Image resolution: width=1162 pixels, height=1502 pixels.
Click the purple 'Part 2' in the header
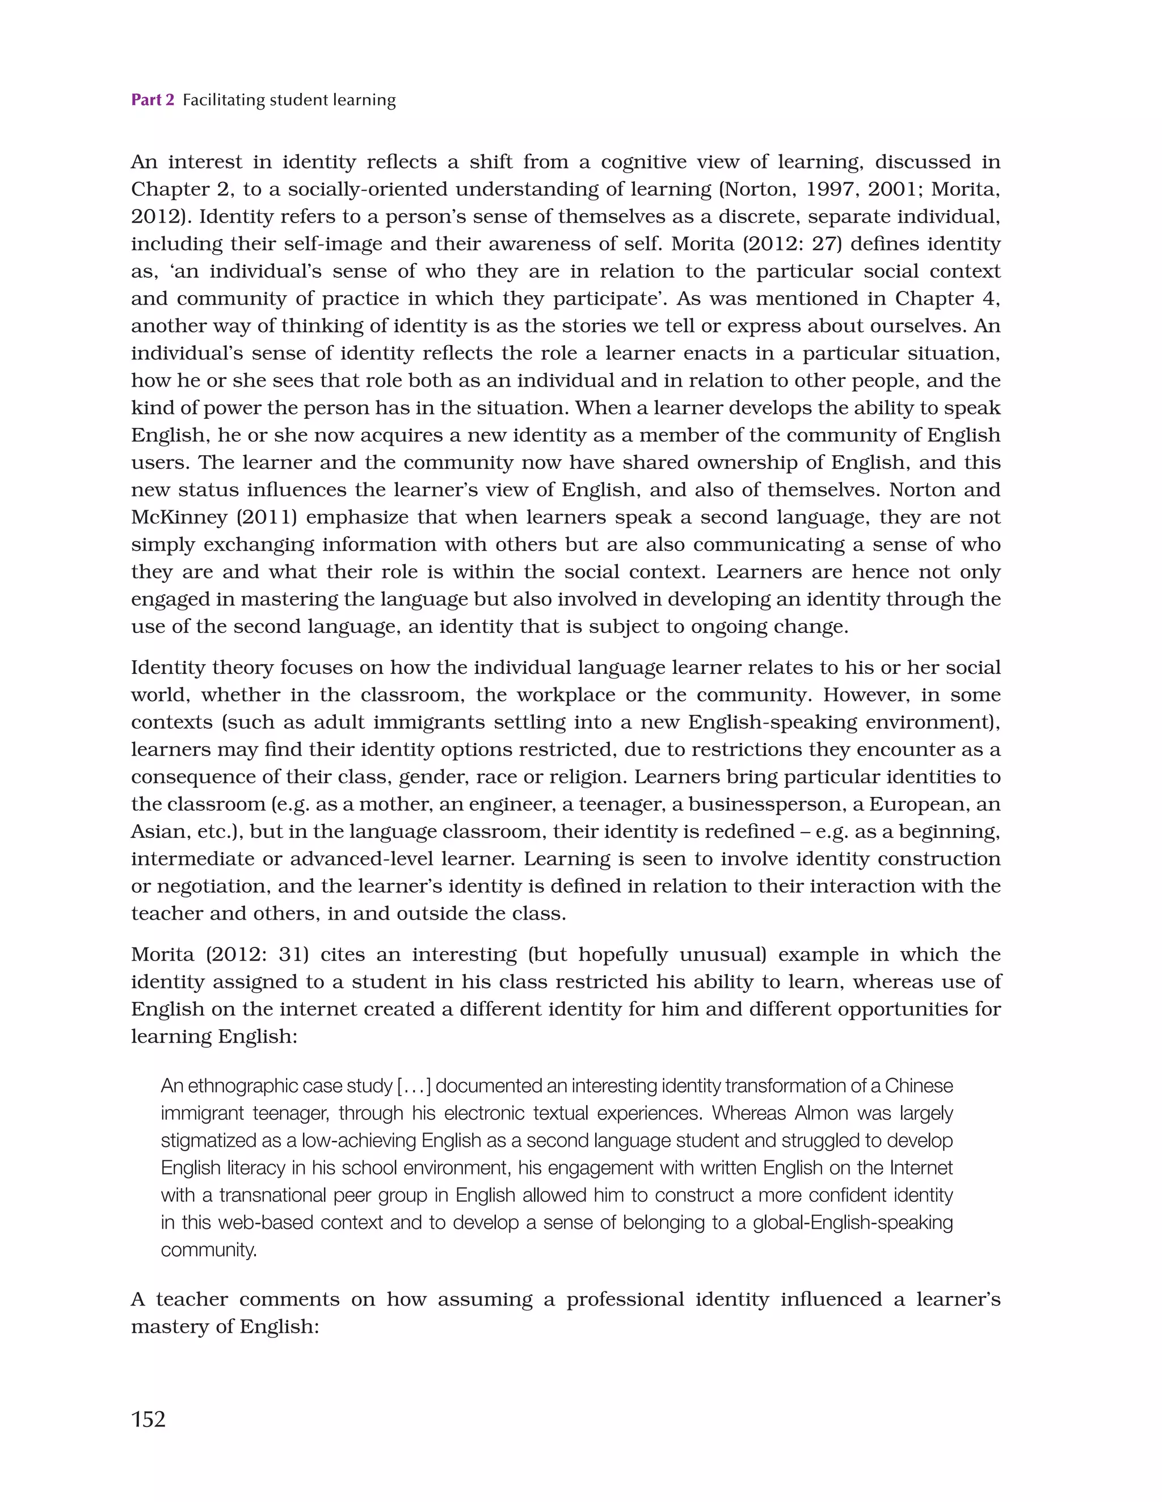click(152, 100)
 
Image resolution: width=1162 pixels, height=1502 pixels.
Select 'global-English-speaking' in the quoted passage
click(853, 1223)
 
